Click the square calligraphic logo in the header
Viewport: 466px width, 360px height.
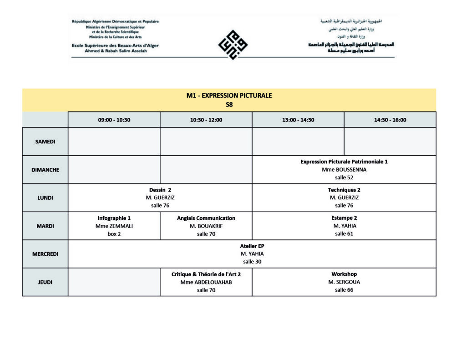(x=233, y=45)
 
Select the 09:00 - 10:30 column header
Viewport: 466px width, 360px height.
(x=114, y=120)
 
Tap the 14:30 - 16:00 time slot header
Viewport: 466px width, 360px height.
(x=390, y=120)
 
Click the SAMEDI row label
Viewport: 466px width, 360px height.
(x=45, y=142)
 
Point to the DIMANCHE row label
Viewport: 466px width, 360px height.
(x=45, y=170)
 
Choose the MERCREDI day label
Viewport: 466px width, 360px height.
(x=45, y=254)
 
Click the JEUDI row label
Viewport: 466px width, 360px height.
(x=45, y=282)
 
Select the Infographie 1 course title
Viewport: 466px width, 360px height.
(x=114, y=218)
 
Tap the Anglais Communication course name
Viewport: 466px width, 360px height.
(x=206, y=218)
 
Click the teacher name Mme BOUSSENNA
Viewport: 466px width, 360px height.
(x=344, y=170)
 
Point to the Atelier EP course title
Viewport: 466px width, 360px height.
(x=252, y=246)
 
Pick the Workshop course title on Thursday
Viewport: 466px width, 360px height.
(x=344, y=274)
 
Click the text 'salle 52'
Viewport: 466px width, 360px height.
(x=344, y=177)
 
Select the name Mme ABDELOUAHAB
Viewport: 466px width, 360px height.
(x=206, y=282)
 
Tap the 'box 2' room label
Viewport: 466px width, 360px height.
(x=114, y=234)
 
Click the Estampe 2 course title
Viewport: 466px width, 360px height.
(x=344, y=218)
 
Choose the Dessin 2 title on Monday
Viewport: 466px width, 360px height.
(x=160, y=190)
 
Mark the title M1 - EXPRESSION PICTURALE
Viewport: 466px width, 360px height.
(x=229, y=96)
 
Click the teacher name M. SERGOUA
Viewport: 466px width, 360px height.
(x=344, y=282)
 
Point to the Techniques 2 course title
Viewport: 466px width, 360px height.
(x=344, y=190)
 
